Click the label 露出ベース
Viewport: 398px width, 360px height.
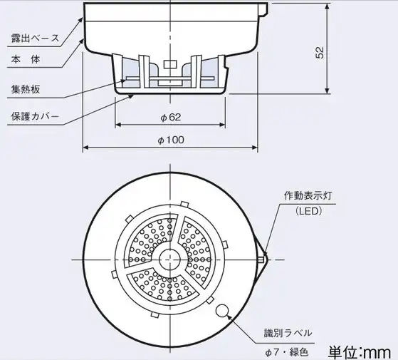pos(35,38)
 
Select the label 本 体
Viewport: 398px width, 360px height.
pos(26,60)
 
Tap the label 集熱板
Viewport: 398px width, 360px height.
pos(26,89)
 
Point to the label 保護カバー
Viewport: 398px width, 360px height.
pos(35,116)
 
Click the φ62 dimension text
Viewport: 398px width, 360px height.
pos(171,117)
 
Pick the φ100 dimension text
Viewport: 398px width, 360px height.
pos(171,140)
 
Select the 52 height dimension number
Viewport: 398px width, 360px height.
pos(320,53)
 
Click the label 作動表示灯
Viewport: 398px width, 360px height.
pos(308,196)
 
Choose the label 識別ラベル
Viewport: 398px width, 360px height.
pos(288,333)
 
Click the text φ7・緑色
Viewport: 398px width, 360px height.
pos(286,352)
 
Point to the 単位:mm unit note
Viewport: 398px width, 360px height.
pos(360,352)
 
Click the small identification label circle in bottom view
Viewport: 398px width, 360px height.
pos(222,311)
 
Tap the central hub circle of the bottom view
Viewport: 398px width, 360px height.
pos(169,259)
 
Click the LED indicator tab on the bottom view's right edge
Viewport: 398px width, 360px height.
pos(261,259)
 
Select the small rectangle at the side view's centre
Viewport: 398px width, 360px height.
pos(170,64)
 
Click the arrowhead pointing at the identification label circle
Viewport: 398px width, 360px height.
pos(229,317)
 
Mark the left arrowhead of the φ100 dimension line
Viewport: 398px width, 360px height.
pos(86,148)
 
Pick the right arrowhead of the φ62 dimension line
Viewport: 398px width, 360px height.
pos(222,125)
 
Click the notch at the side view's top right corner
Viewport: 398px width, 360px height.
pos(263,9)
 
